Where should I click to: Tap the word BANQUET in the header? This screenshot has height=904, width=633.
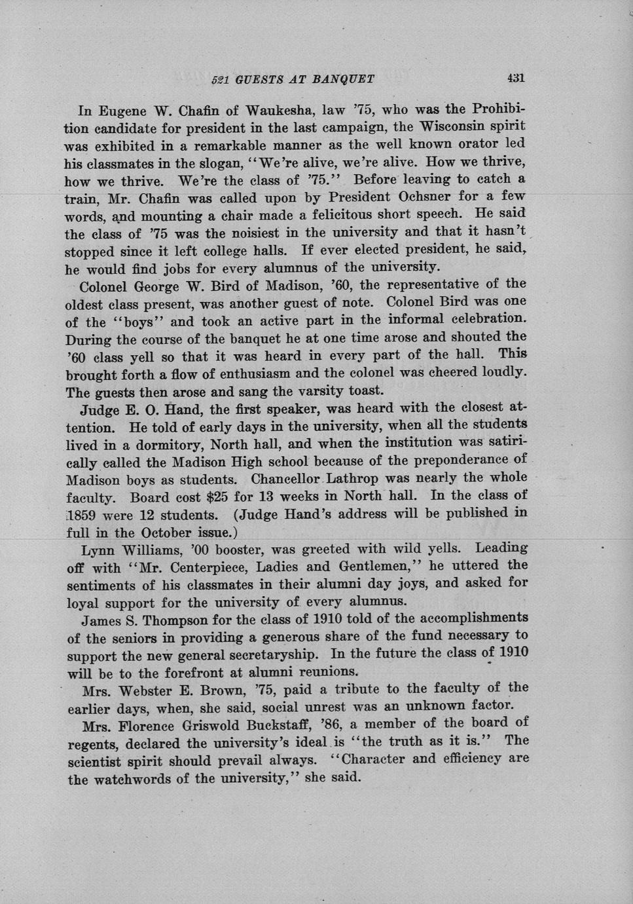pyautogui.click(x=343, y=80)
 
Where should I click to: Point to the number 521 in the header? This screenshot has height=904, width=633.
pyautogui.click(x=220, y=80)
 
